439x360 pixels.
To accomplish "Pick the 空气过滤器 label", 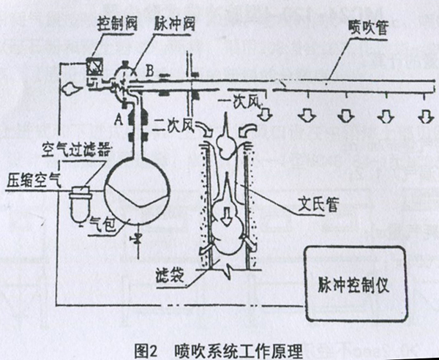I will click(x=76, y=151).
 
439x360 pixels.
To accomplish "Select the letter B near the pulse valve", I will click(x=149, y=72).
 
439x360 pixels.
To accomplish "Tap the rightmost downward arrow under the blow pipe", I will click(x=424, y=117).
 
